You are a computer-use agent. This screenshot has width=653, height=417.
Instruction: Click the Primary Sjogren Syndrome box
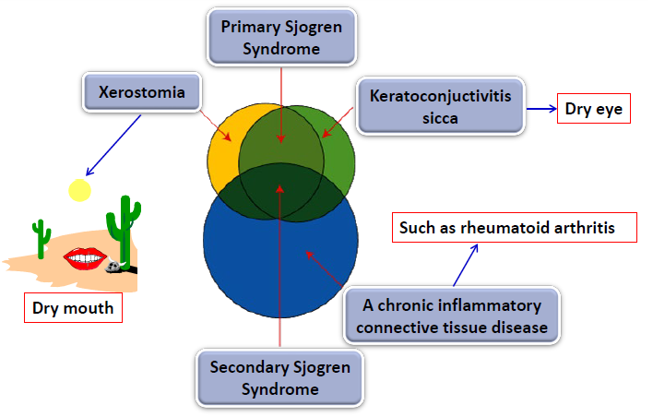[280, 37]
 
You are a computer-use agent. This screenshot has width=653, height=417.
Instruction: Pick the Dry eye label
[593, 110]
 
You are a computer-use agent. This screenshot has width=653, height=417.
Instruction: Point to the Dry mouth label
[73, 307]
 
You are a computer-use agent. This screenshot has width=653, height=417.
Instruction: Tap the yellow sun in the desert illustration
[80, 190]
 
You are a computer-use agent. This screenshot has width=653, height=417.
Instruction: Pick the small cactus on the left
[42, 239]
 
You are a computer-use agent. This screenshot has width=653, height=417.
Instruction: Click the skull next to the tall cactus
[113, 267]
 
